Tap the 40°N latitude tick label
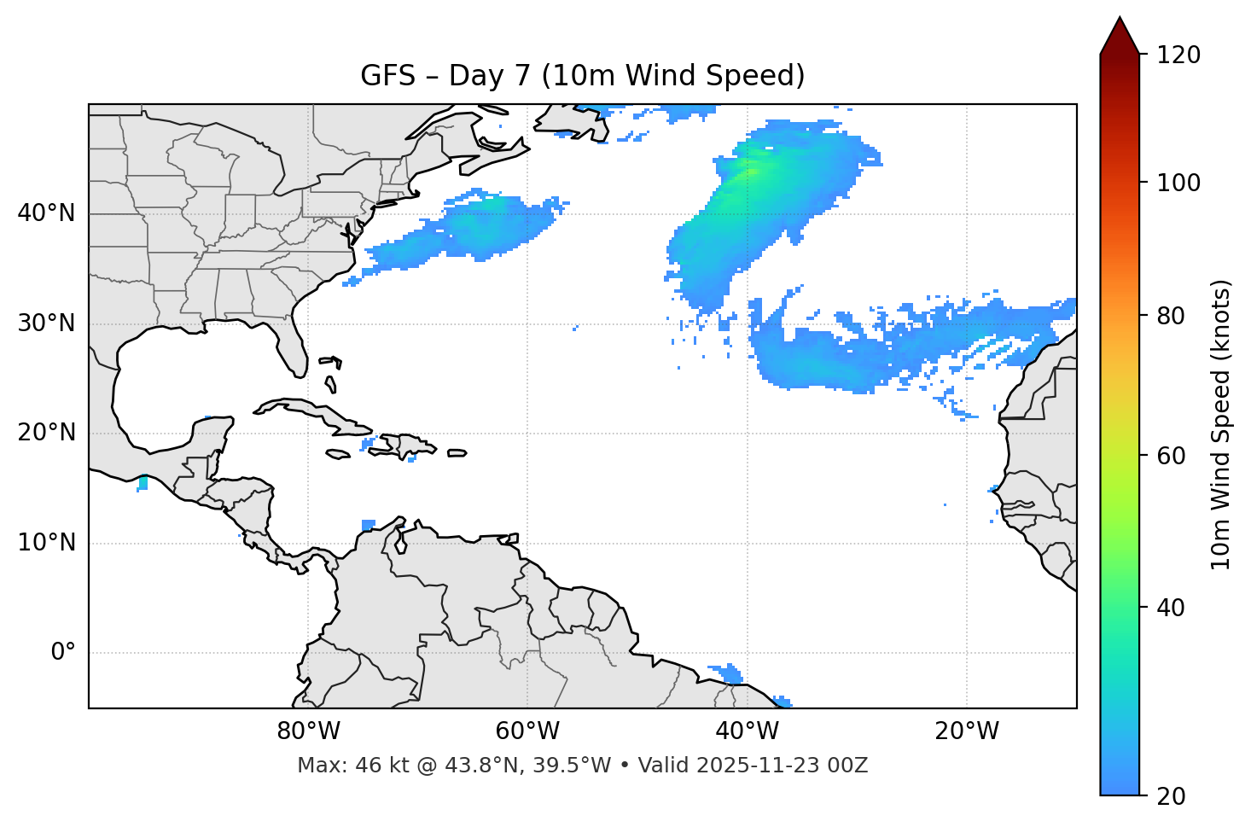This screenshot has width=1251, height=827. [46, 213]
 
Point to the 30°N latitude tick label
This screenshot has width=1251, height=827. [46, 323]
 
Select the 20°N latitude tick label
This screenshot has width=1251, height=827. [46, 433]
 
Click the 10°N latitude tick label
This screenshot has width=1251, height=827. [46, 543]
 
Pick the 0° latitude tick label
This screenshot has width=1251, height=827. [63, 653]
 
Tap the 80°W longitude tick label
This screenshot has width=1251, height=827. [308, 731]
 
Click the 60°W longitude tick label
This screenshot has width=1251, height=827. [527, 731]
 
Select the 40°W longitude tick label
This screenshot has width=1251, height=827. [747, 731]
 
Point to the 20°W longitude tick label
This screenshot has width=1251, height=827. [966, 731]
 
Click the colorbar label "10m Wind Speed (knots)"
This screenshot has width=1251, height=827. [1221, 424]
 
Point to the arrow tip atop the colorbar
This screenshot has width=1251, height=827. [1120, 18]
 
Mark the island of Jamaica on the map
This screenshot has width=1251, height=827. [338, 454]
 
